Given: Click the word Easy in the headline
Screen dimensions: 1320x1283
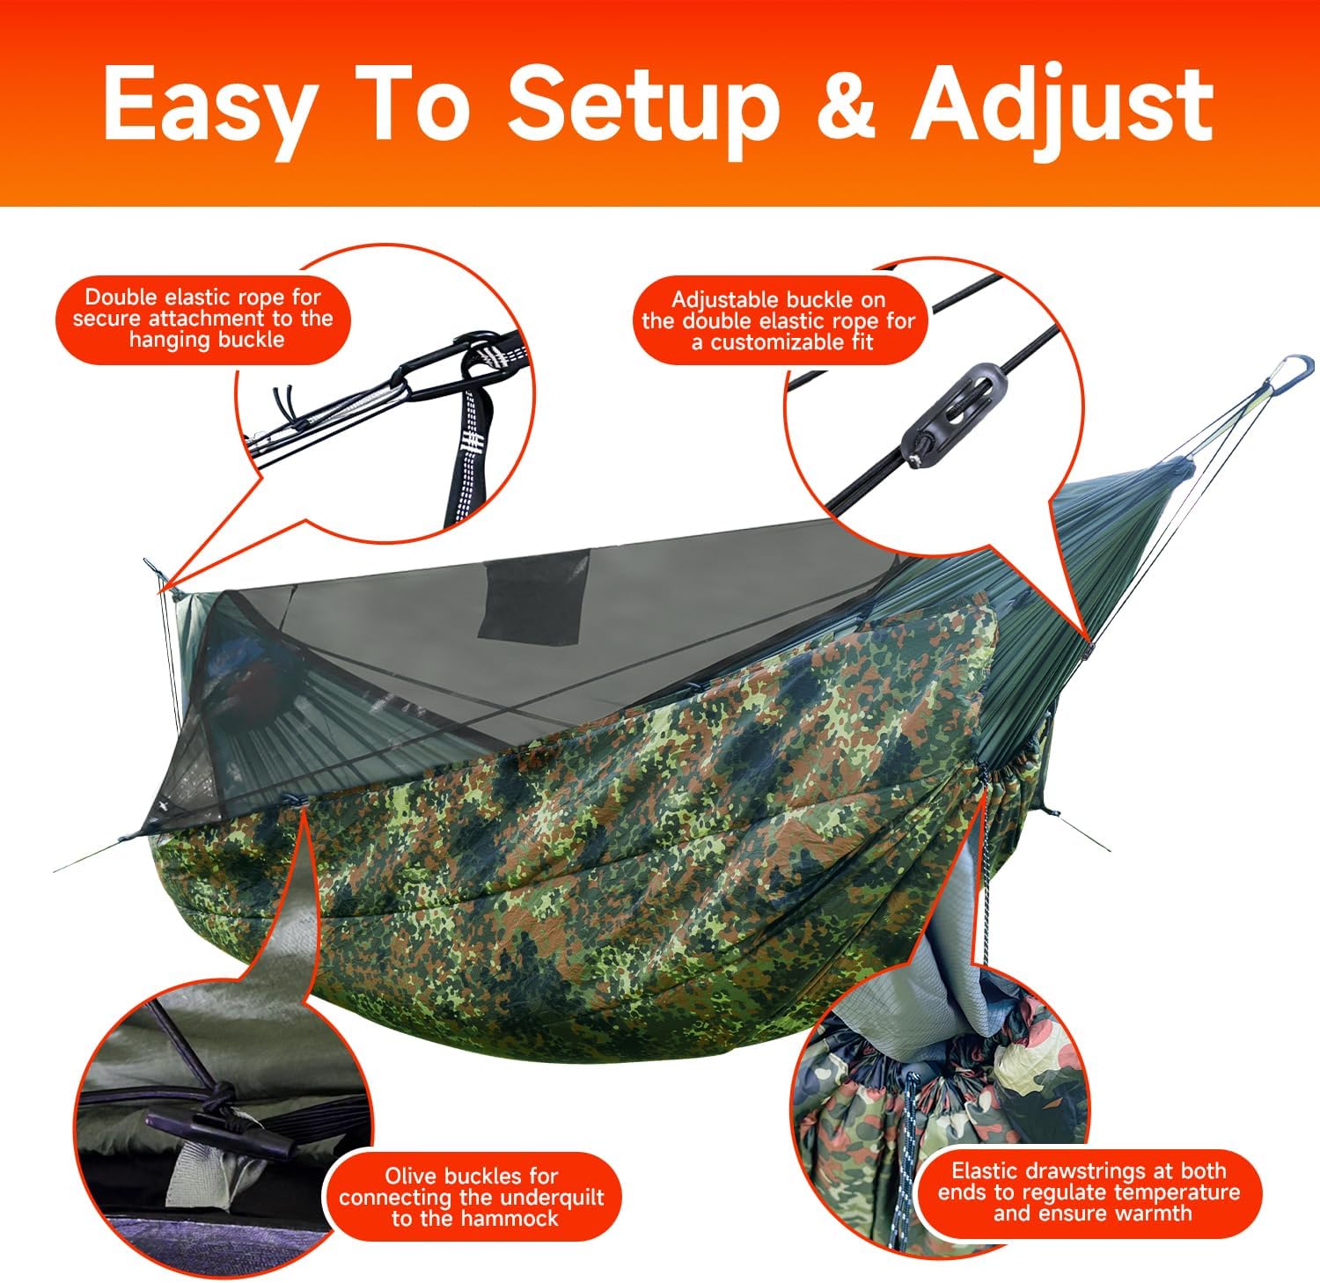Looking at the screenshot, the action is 208,104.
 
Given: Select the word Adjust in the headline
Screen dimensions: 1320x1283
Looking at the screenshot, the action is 1062,110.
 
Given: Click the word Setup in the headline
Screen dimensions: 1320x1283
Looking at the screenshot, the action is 644,110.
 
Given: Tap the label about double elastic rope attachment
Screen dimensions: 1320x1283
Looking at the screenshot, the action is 203,319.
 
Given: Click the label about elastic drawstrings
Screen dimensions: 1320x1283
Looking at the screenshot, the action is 1089,1192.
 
